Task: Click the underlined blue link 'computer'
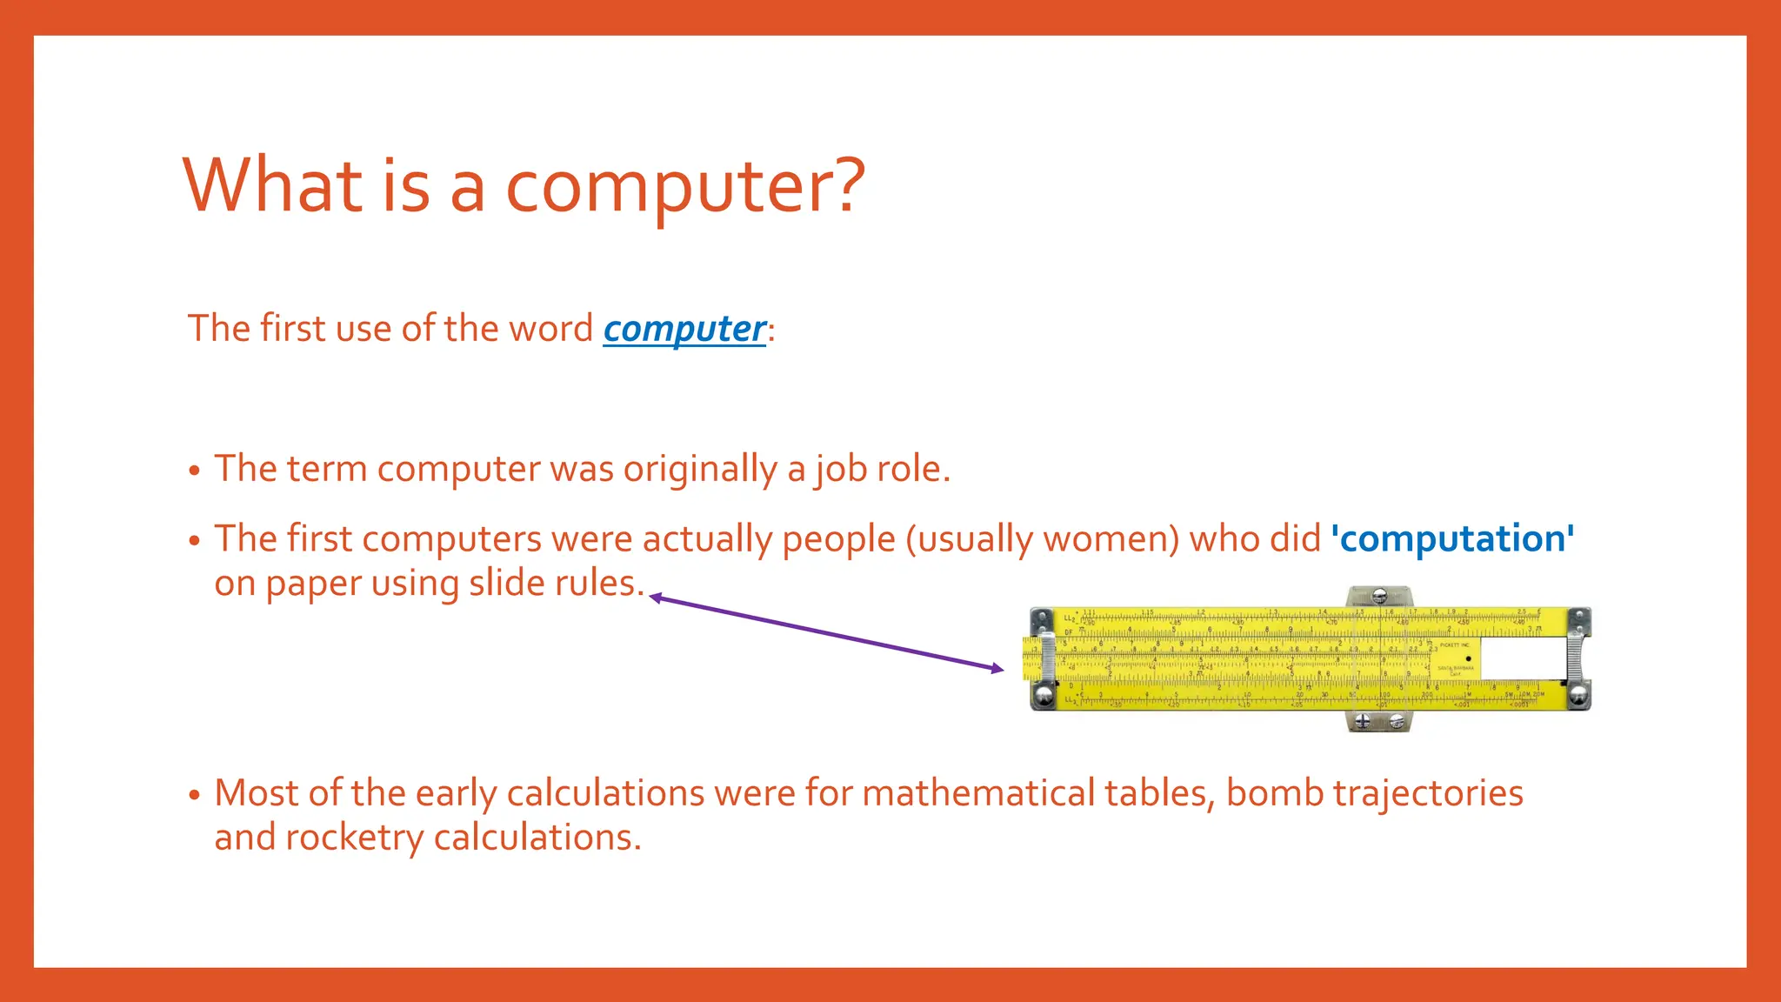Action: [x=684, y=330]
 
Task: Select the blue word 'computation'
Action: [x=1452, y=538]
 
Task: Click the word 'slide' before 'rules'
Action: [x=502, y=583]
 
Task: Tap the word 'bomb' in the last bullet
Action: [x=1274, y=792]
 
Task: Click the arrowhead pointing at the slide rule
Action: [x=997, y=668]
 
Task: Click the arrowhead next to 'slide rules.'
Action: [x=656, y=598]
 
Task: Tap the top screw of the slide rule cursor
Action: [x=1379, y=596]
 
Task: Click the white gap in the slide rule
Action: [x=1522, y=658]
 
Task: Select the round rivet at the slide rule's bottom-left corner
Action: [x=1042, y=695]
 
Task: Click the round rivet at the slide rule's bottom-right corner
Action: [x=1578, y=695]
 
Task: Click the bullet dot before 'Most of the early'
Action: [x=195, y=794]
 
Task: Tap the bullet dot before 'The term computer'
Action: [x=195, y=471]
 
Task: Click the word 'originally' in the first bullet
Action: [x=700, y=470]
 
